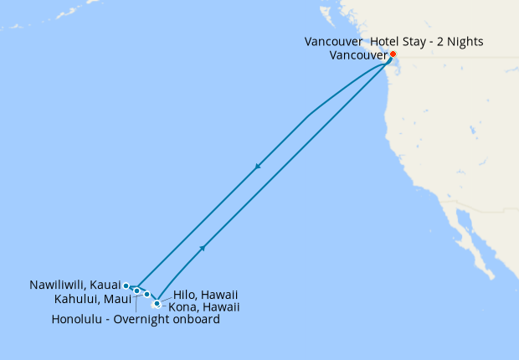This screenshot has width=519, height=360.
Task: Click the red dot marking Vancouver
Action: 393,55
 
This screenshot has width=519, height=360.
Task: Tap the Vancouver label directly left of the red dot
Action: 359,55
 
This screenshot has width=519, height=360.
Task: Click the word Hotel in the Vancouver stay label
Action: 386,42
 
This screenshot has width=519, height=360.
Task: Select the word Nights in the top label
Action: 464,42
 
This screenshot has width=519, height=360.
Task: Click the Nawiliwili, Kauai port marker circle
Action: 126,286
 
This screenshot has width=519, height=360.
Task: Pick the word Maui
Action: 116,299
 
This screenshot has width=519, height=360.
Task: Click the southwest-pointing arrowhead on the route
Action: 258,167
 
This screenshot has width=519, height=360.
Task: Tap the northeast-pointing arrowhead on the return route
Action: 202,248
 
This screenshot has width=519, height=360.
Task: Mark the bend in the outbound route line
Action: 309,116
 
